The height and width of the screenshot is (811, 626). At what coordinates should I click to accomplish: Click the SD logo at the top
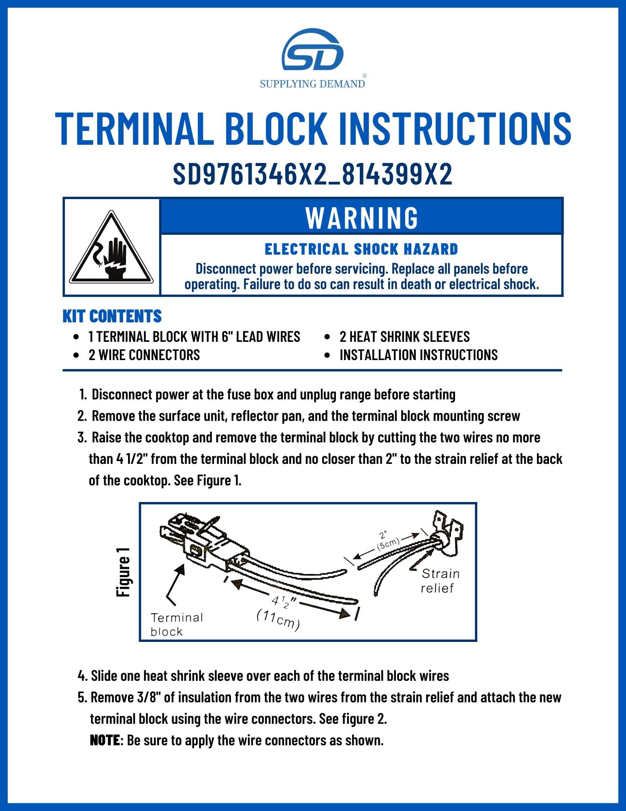click(x=312, y=49)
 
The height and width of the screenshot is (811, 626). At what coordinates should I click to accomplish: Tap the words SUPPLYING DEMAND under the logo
click(x=312, y=84)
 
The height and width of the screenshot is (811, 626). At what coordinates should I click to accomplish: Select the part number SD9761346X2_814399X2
click(x=312, y=174)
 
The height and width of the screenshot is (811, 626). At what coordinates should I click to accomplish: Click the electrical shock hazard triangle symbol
click(x=111, y=247)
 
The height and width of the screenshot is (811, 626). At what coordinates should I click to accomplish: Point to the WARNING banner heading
click(x=362, y=218)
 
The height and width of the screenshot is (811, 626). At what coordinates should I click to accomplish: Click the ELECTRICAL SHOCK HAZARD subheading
click(x=361, y=249)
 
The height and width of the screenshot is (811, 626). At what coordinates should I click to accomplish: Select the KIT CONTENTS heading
click(x=112, y=316)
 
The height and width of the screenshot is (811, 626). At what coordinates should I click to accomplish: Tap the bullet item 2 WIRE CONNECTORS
click(x=144, y=355)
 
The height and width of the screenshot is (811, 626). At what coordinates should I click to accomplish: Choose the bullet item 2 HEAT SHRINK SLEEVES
click(x=405, y=337)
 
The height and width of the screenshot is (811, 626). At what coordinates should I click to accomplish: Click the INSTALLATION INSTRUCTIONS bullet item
click(x=419, y=355)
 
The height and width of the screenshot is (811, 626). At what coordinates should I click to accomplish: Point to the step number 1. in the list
click(x=83, y=395)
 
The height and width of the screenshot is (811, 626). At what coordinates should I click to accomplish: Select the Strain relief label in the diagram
click(x=440, y=581)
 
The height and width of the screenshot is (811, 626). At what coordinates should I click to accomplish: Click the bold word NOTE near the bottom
click(x=105, y=740)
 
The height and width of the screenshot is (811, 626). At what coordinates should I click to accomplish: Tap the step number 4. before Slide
click(x=82, y=676)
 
